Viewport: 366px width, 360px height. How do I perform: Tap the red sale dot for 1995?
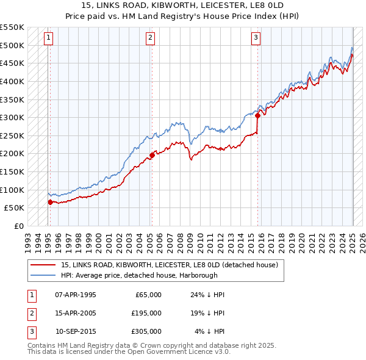click(x=50, y=202)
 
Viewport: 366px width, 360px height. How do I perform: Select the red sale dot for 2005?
click(x=152, y=155)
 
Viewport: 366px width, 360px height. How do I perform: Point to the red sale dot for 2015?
click(x=258, y=115)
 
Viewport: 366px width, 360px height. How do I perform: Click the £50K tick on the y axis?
click(x=14, y=208)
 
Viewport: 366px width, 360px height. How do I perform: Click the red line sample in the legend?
click(x=43, y=265)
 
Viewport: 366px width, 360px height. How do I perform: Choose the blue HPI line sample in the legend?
click(x=43, y=275)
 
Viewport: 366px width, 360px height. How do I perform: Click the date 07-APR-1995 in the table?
click(x=76, y=295)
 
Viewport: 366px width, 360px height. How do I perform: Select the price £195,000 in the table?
click(x=146, y=313)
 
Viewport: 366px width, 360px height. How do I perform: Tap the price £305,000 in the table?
click(x=146, y=331)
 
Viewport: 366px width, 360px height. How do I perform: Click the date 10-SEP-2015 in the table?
click(x=76, y=331)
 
